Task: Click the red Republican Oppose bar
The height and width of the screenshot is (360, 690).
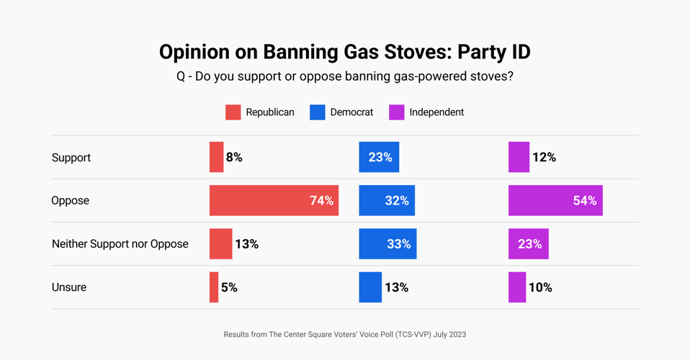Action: (274, 201)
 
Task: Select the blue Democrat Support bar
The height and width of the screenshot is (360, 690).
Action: (379, 157)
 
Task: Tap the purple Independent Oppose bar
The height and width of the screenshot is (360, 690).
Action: (555, 201)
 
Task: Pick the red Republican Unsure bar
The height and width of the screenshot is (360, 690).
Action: (214, 287)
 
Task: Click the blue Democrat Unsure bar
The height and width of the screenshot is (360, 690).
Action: (370, 287)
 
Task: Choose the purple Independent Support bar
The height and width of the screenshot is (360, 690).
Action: (519, 157)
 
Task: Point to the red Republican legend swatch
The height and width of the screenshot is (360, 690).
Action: (233, 112)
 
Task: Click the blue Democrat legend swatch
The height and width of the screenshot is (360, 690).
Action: (317, 112)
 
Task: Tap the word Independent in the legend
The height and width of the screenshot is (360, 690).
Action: (436, 112)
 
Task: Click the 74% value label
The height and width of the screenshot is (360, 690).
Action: (321, 201)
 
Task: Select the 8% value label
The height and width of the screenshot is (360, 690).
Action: (234, 158)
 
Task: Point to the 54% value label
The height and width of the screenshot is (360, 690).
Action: (585, 201)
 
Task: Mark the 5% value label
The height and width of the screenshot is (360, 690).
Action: (229, 287)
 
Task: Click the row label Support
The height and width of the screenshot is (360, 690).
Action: (71, 158)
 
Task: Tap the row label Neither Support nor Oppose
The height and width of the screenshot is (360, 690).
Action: (120, 244)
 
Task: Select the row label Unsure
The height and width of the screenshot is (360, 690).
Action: (69, 287)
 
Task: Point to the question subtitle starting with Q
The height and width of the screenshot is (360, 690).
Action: (344, 76)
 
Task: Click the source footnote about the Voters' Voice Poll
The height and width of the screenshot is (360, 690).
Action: (344, 334)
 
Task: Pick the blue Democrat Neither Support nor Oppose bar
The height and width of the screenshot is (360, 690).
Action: (387, 244)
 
